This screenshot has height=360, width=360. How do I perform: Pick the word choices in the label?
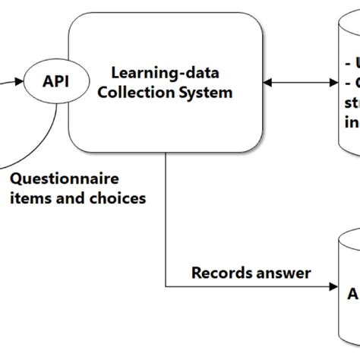click(x=118, y=200)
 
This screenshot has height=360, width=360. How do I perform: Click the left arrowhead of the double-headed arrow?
click(x=267, y=82)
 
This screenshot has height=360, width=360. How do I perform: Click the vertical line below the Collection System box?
click(x=165, y=220)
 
